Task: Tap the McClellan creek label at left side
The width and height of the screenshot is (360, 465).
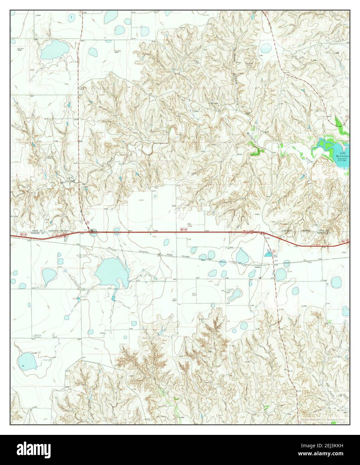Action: point(67,181)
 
